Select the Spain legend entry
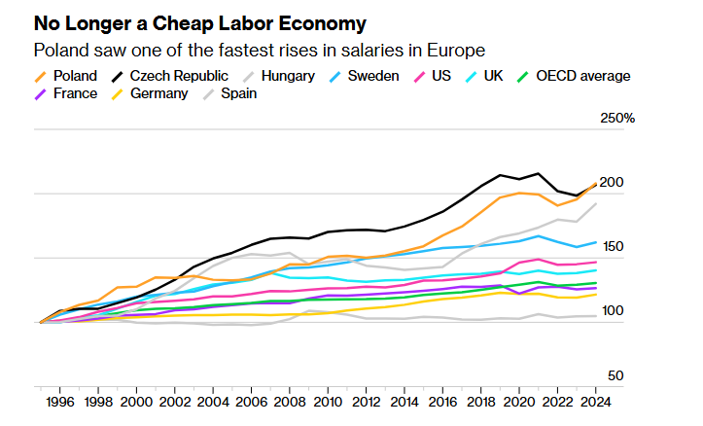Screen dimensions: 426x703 [237, 94]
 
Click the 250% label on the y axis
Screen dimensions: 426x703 [617, 119]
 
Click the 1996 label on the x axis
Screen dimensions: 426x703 [59, 402]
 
